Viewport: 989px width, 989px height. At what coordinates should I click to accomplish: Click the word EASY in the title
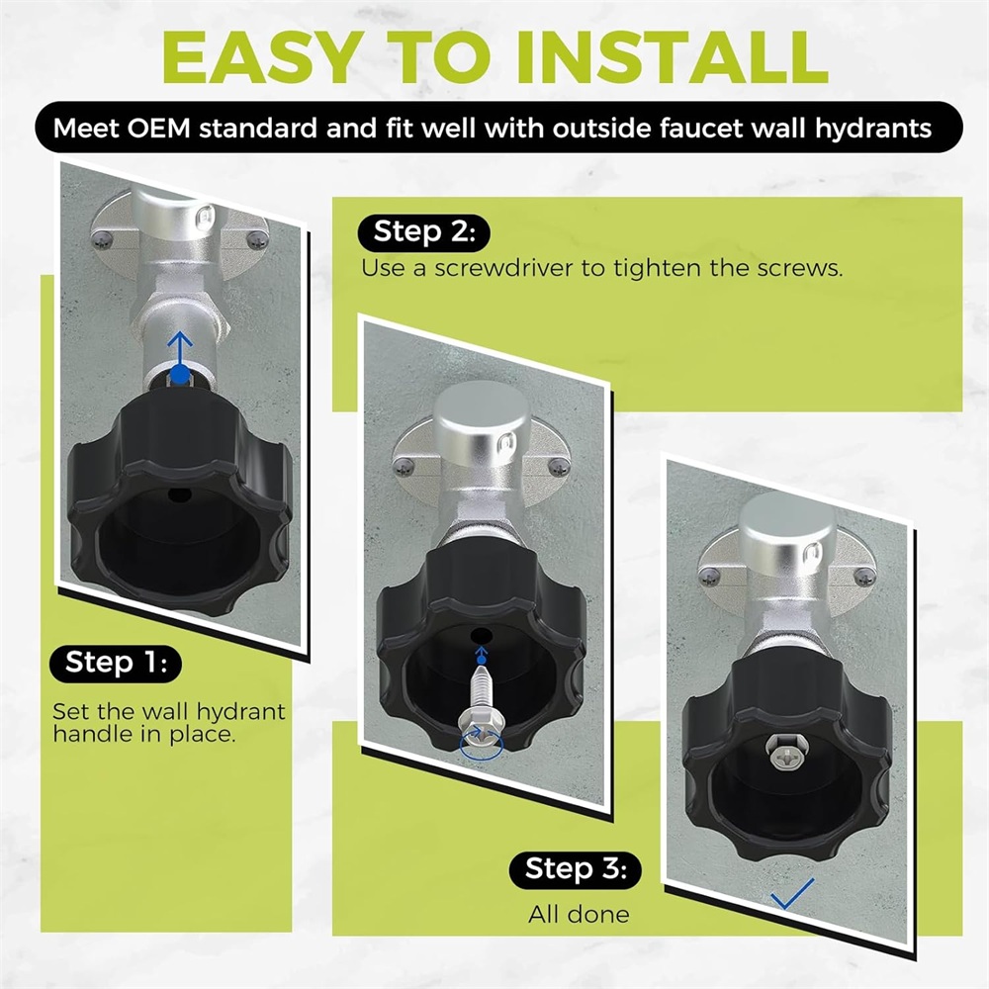coord(262,56)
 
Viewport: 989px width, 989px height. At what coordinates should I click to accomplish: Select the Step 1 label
coord(116,663)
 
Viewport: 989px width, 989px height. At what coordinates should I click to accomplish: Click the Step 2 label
coord(424,232)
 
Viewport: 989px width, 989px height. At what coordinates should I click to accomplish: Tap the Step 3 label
coord(576,869)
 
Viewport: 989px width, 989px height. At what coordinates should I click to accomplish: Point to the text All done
coord(579,915)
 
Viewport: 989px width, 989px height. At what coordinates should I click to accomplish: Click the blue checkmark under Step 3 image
coord(792,894)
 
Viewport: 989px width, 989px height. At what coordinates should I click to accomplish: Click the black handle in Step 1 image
coord(179,497)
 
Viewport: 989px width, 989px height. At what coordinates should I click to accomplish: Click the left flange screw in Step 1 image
coord(102,238)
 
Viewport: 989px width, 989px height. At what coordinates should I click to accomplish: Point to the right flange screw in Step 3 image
coord(864,577)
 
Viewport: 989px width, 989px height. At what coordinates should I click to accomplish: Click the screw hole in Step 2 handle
coord(482,634)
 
